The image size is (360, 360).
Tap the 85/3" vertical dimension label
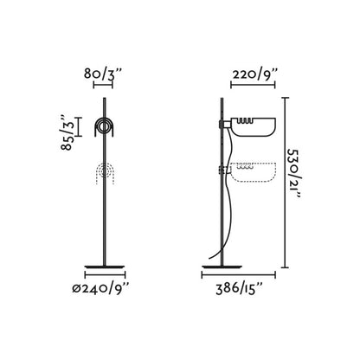tap(67, 132)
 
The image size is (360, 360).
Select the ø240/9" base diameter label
tap(100, 287)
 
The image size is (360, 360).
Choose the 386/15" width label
tap(239, 288)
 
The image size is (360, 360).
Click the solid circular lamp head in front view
tap(105, 127)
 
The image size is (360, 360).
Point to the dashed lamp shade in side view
tap(253, 172)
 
